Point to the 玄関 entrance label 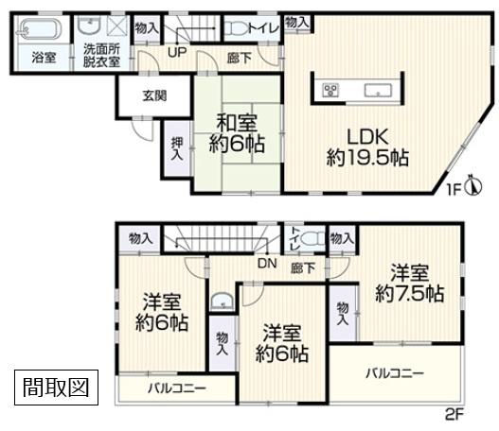154,95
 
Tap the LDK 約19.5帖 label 368,144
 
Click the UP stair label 177,54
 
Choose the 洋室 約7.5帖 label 408,281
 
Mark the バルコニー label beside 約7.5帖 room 395,374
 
